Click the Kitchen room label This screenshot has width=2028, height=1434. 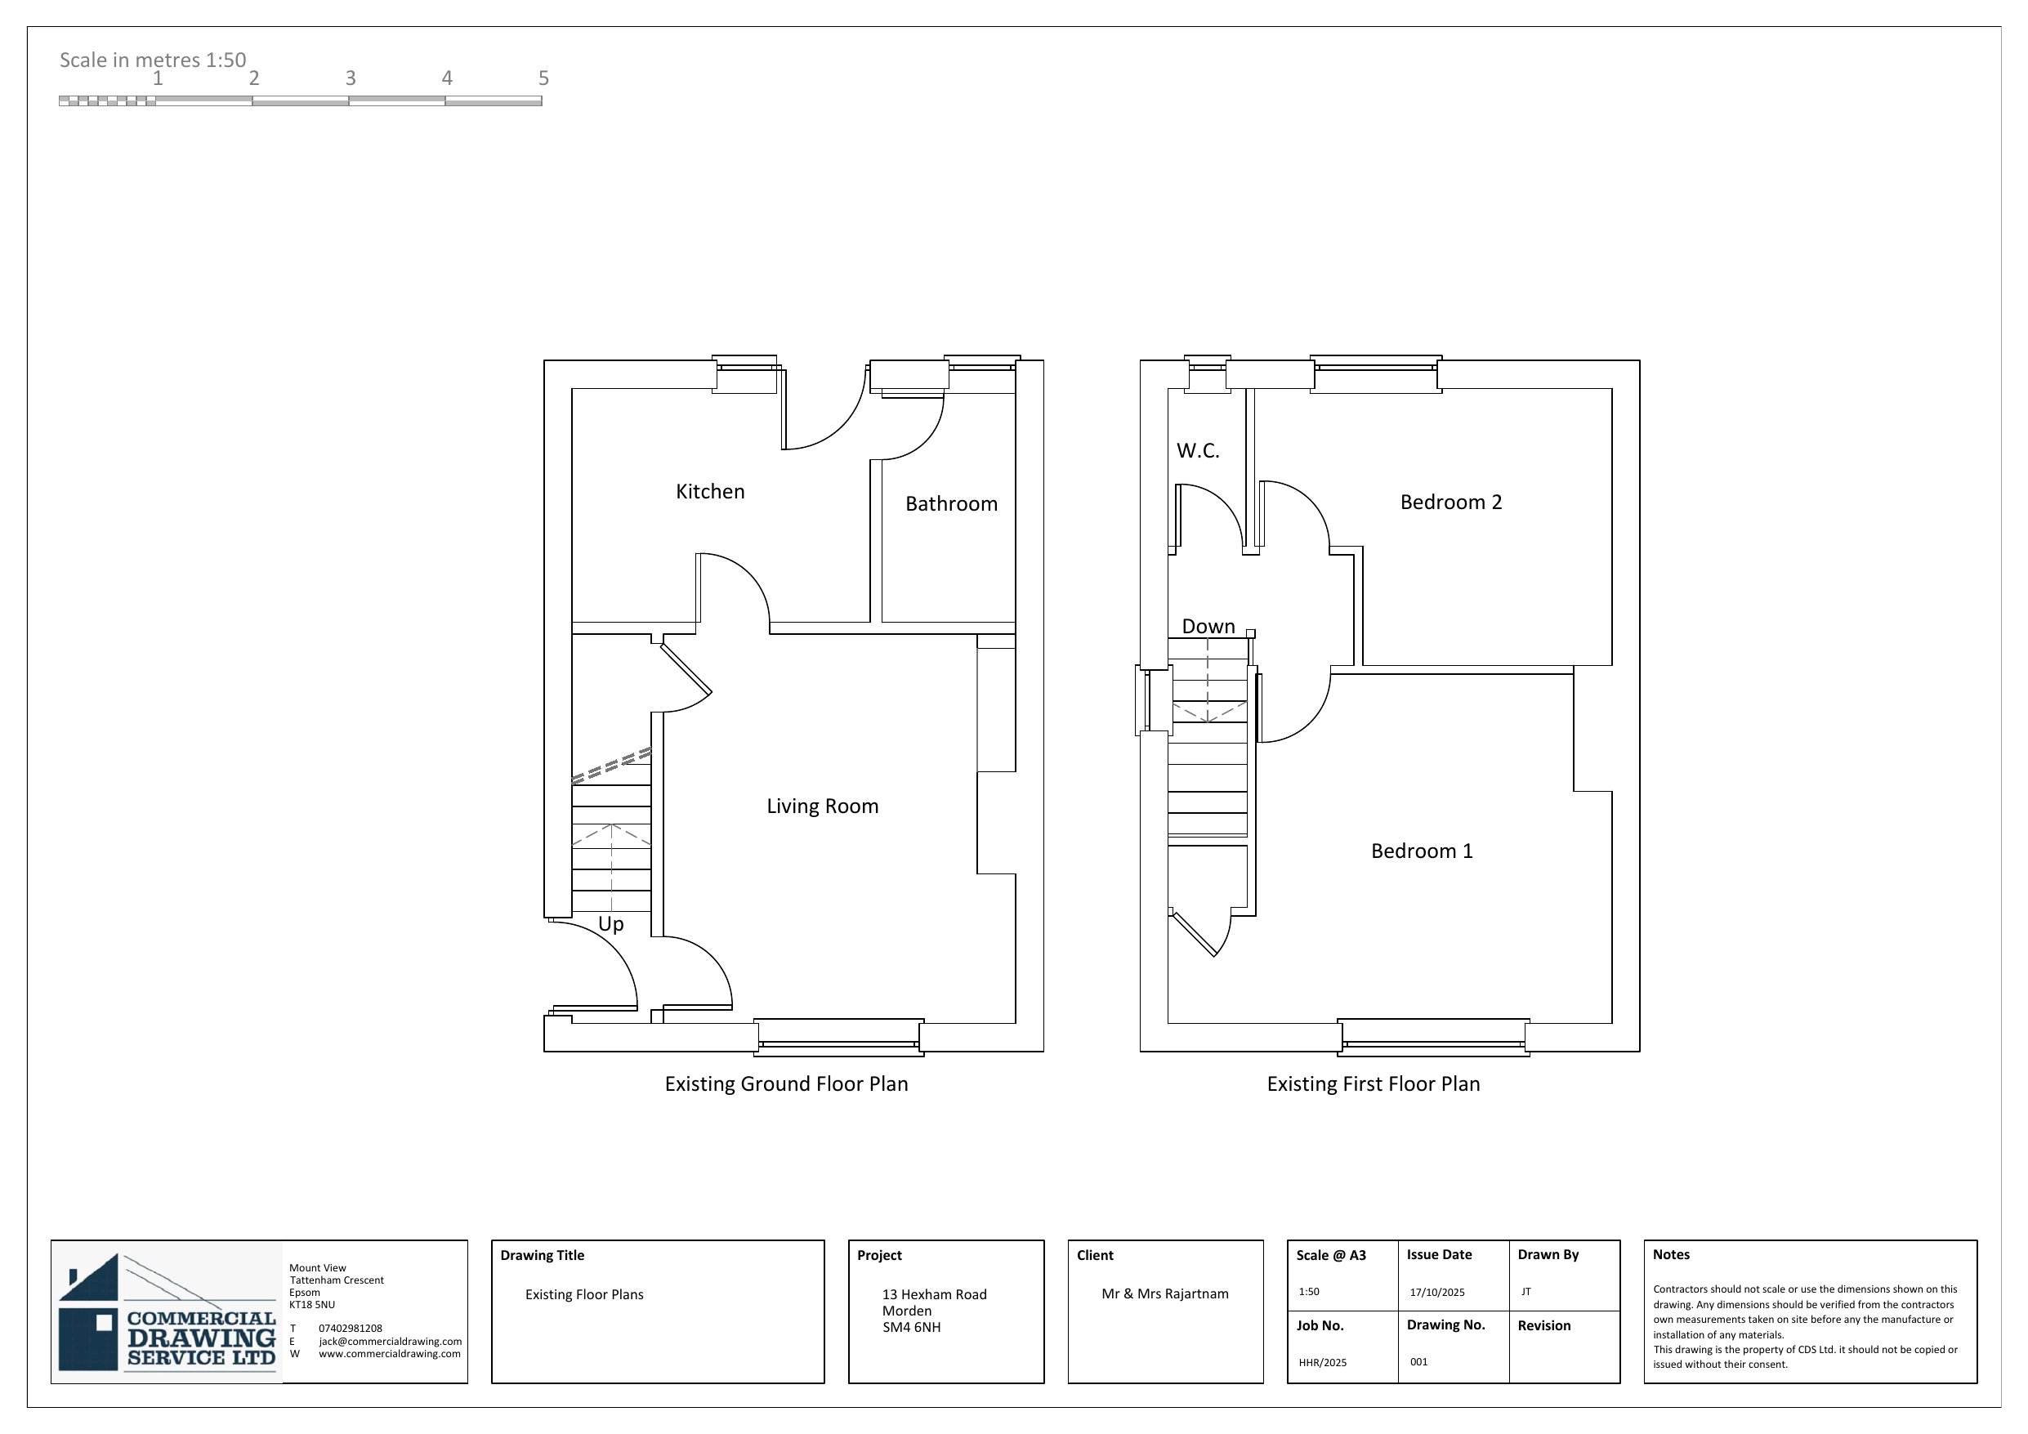[710, 491]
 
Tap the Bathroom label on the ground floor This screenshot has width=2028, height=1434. [951, 503]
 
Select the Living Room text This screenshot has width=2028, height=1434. [822, 806]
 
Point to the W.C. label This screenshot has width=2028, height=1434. [1198, 450]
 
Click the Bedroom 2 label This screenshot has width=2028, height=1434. [1451, 502]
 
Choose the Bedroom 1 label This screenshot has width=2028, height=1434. [1422, 851]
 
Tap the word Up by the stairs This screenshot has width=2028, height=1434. [611, 924]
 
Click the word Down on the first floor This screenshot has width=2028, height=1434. [1208, 627]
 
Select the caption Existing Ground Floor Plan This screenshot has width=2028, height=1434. [786, 1084]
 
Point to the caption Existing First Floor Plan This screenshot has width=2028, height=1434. [1374, 1084]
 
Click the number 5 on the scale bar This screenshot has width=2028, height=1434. [544, 78]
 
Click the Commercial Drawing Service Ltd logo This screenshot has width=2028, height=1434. [167, 1311]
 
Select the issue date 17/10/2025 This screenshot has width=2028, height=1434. [1437, 1292]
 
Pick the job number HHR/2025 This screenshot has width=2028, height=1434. [1322, 1362]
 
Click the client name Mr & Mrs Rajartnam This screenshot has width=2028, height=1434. [1165, 1293]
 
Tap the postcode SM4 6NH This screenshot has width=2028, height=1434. [912, 1327]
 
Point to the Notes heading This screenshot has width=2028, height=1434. [1671, 1254]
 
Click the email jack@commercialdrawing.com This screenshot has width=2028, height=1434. [391, 1341]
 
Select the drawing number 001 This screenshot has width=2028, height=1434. [1418, 1361]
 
